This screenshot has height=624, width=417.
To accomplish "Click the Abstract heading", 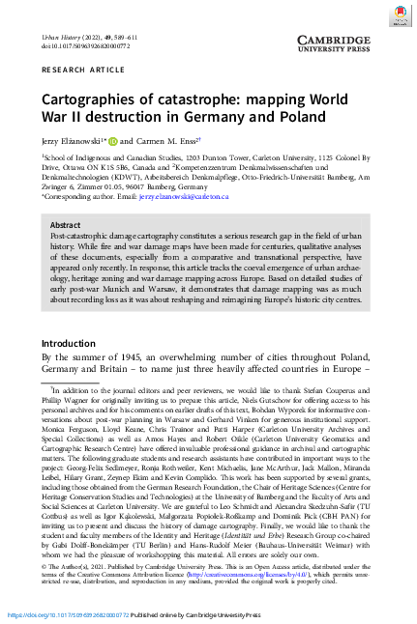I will tap(66, 224).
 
